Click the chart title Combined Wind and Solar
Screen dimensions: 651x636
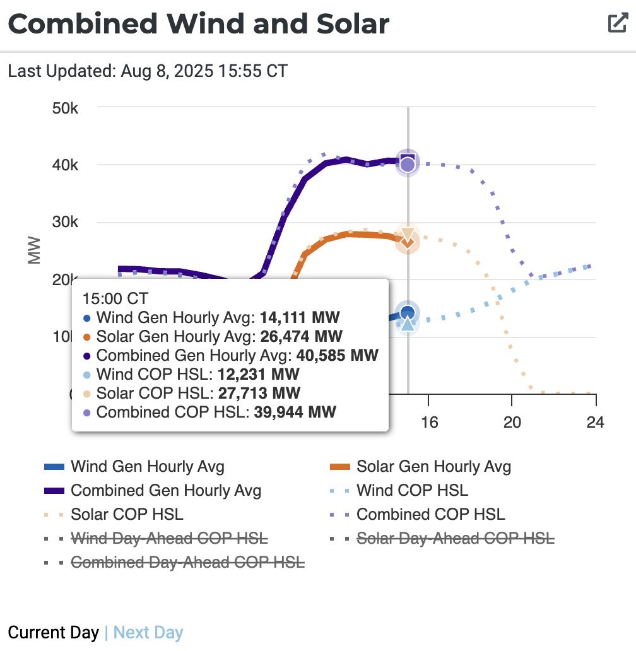[x=199, y=23]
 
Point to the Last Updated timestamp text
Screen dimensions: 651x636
[x=148, y=71]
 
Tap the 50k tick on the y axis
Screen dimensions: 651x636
[x=65, y=108]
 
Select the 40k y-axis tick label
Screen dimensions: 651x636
[x=65, y=165]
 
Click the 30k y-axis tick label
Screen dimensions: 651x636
[x=65, y=223]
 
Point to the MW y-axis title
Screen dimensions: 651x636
[x=34, y=250]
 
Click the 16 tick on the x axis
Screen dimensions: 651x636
[x=429, y=421]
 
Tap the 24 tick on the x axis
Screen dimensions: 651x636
[x=595, y=421]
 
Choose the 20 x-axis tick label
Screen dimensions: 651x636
[x=512, y=421]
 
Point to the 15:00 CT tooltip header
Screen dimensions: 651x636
[x=120, y=298]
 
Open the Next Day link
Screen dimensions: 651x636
[x=148, y=633]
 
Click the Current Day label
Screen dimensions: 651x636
[x=53, y=633]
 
